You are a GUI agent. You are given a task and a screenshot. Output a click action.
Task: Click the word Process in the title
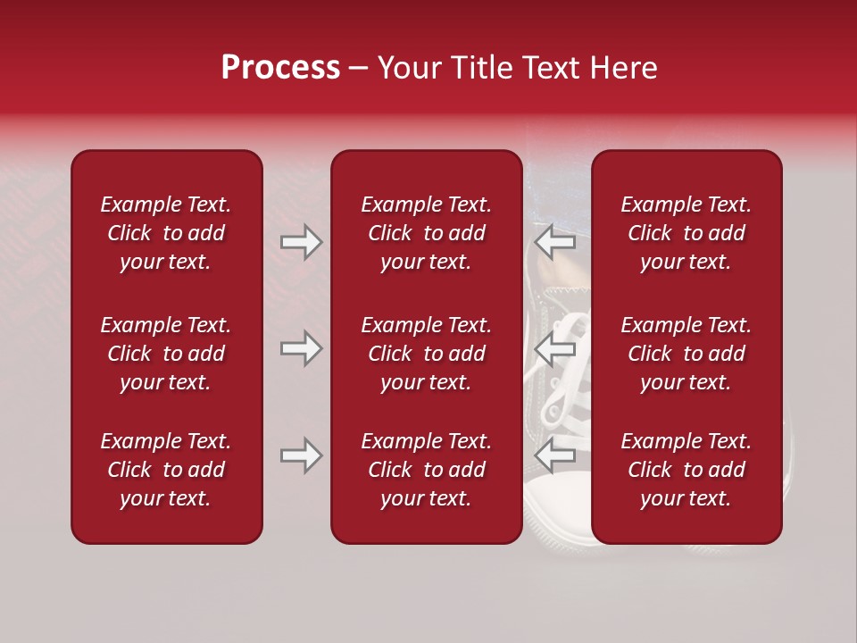click(280, 68)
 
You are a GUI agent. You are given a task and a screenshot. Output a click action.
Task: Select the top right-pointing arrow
click(301, 242)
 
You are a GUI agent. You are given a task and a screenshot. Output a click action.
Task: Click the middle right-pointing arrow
click(301, 348)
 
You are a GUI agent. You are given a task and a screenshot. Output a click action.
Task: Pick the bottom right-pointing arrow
click(301, 455)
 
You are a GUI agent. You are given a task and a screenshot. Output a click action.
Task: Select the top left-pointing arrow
click(554, 242)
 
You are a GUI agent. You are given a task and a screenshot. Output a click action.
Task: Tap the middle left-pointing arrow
click(554, 348)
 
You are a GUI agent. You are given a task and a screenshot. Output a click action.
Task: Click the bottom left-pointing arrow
click(554, 455)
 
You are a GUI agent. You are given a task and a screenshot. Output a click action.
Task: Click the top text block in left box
click(166, 233)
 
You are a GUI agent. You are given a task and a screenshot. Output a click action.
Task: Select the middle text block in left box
click(166, 354)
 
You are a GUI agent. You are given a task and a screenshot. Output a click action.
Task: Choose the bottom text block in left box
click(166, 470)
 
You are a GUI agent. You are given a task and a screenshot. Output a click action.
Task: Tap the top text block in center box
click(426, 233)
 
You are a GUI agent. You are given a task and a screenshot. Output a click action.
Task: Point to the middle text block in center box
click(426, 354)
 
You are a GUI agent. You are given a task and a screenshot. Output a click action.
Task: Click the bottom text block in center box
click(426, 470)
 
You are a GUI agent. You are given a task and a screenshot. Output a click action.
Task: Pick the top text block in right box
click(686, 233)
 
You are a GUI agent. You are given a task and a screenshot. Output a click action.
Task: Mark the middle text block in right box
click(686, 354)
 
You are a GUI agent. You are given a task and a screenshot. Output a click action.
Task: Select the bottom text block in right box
click(686, 470)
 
